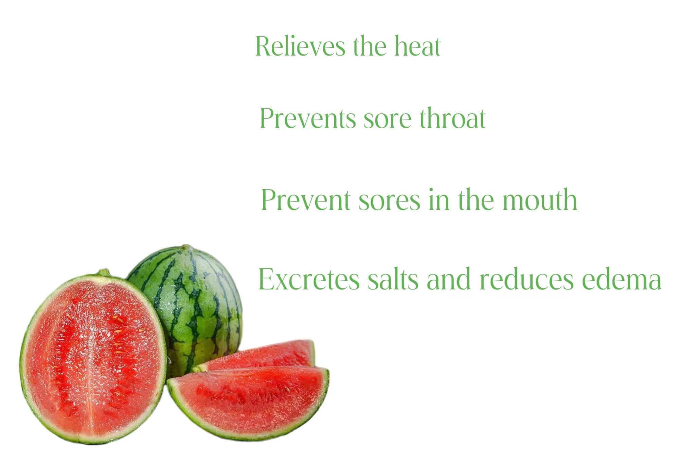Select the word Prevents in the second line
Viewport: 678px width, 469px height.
(x=308, y=118)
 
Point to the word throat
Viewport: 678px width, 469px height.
(x=452, y=118)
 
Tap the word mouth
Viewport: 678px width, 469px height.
(x=539, y=200)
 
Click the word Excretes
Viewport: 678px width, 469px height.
(x=309, y=279)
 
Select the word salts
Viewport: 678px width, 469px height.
(x=393, y=279)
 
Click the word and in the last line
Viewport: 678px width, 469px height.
(x=449, y=279)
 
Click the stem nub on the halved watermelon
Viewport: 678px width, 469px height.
(x=104, y=272)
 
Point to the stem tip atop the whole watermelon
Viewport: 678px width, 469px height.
(x=186, y=247)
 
